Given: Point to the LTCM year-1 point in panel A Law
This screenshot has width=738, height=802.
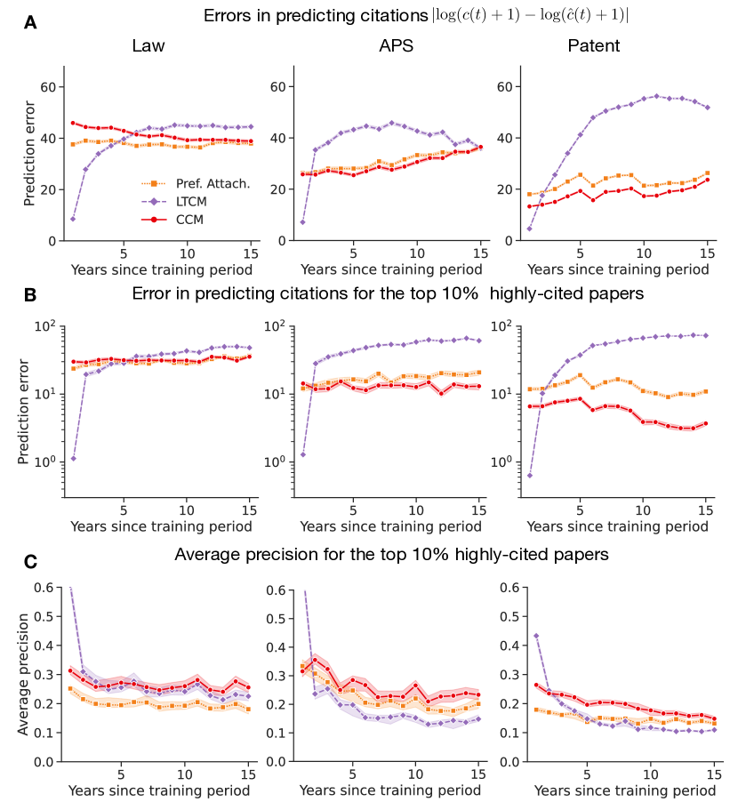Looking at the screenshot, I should (x=73, y=219).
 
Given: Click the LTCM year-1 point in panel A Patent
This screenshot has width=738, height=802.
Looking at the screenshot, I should (x=530, y=229).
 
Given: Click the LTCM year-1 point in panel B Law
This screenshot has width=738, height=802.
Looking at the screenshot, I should (x=73, y=459).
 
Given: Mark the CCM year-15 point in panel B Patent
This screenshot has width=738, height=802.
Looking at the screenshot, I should (x=705, y=424).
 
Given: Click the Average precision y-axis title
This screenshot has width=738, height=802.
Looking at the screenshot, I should (x=24, y=674).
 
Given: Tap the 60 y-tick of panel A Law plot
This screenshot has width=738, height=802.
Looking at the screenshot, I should (x=45, y=87).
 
